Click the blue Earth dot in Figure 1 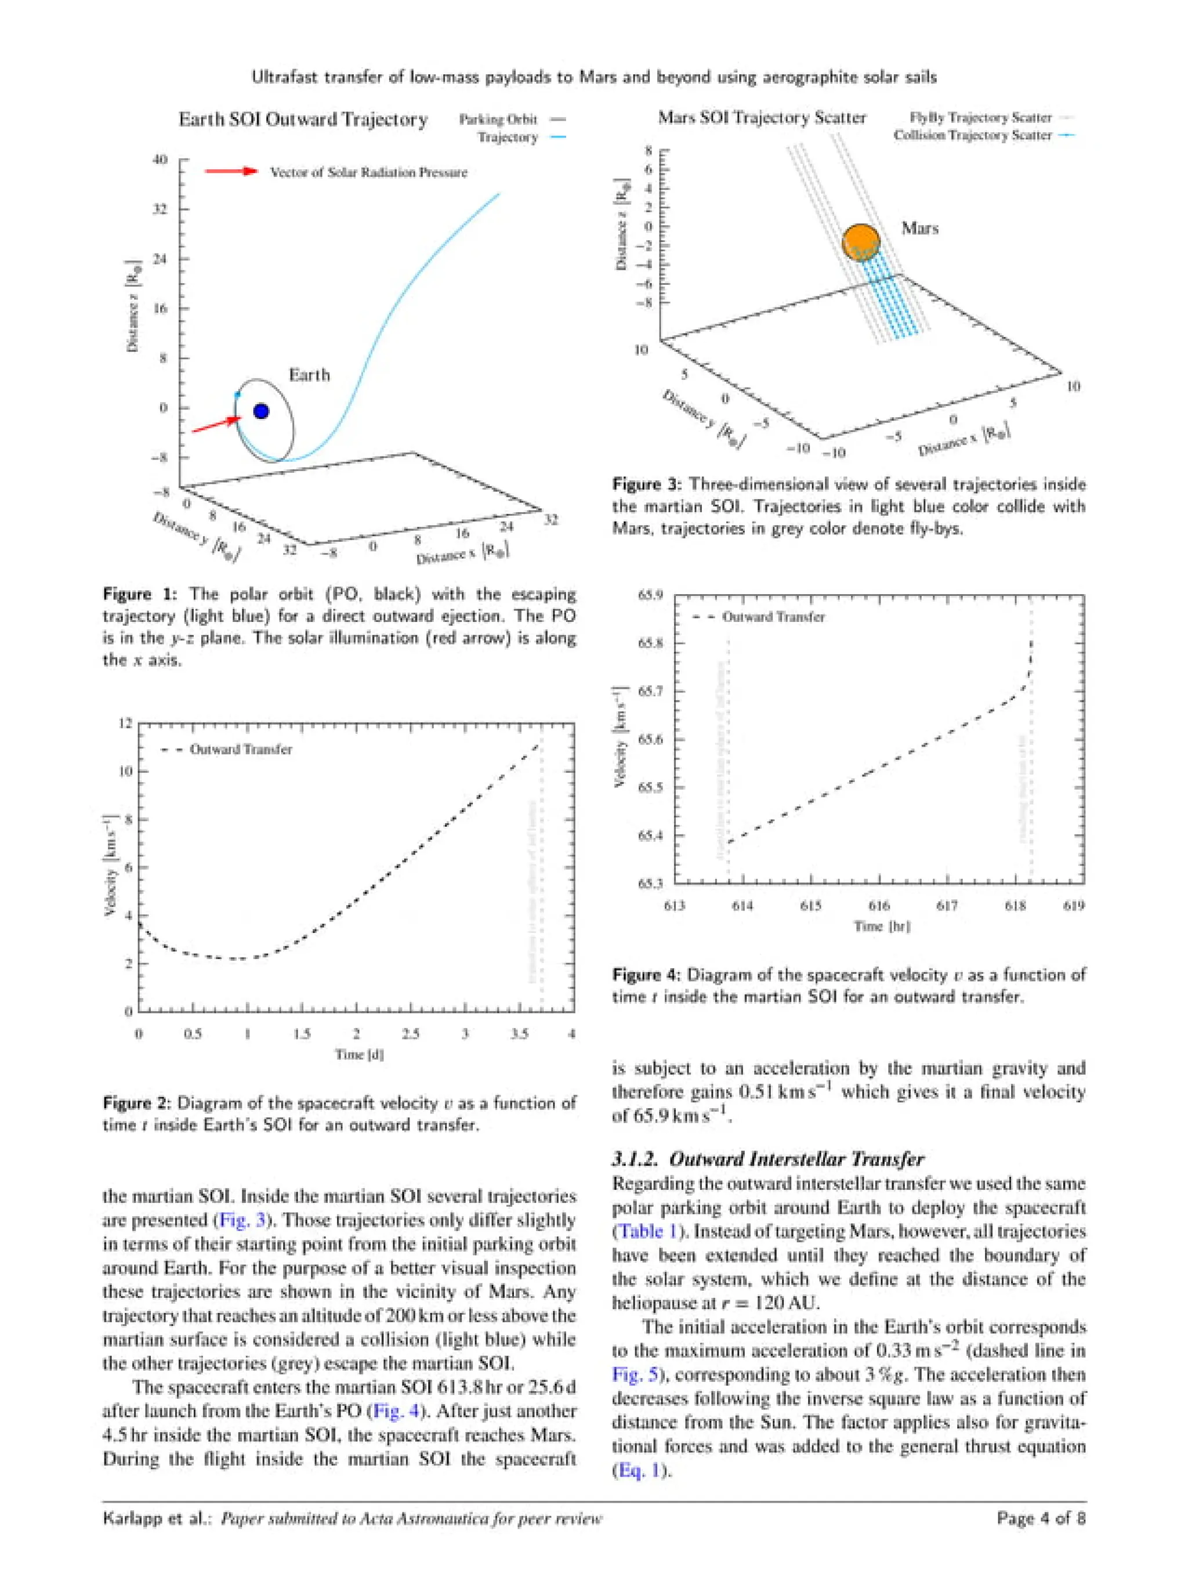tap(261, 411)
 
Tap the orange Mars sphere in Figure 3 tap(861, 243)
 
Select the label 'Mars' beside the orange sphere tap(919, 229)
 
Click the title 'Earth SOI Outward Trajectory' tap(303, 120)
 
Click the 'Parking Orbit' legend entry tap(498, 120)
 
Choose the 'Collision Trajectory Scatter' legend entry tap(972, 135)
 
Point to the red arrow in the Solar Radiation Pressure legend tap(230, 172)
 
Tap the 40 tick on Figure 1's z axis tap(160, 160)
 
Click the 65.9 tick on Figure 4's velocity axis tap(650, 595)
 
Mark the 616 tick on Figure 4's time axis tap(878, 906)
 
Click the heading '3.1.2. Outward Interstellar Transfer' tap(767, 1159)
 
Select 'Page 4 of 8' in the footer tap(1040, 1518)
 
